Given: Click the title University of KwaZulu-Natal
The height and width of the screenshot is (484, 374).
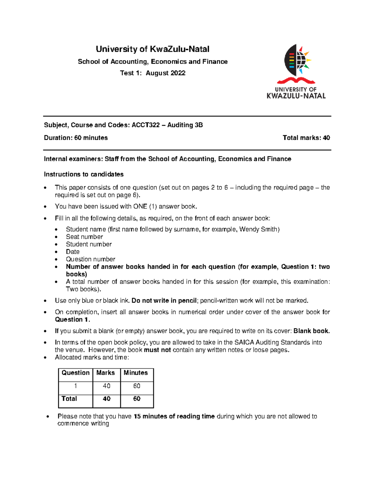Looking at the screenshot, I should tap(152, 49).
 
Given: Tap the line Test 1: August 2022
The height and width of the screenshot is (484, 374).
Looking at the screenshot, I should tap(152, 73).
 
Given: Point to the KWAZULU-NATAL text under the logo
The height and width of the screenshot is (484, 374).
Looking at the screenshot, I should tap(296, 96).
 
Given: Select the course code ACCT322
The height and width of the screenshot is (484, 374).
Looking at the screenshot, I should tap(146, 125).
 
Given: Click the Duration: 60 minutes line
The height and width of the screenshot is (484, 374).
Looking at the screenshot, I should tap(76, 138).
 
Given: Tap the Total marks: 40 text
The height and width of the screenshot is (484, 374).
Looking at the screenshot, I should tap(306, 138).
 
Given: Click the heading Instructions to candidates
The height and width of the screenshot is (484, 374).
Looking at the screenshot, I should tap(84, 174).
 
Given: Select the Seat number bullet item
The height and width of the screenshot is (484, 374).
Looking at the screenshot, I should tap(84, 237).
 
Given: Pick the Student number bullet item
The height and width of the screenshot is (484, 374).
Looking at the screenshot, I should tap(89, 244).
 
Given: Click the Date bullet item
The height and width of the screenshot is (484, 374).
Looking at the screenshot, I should tap(73, 252).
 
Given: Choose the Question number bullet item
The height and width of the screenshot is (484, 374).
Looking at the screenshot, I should tap(90, 259).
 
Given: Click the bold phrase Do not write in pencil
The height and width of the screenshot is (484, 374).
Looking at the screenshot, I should tap(164, 301).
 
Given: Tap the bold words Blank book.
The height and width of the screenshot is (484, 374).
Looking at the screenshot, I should tap(311, 331).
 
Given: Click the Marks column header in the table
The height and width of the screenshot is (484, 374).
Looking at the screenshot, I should tap(105, 373).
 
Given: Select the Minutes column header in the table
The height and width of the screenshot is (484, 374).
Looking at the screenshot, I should tap(136, 373).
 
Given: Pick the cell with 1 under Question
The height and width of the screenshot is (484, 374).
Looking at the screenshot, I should tap(75, 386).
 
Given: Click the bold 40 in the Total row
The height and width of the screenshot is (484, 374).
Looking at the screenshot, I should tap(107, 399).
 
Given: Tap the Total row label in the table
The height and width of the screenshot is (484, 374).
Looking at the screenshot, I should tap(69, 399).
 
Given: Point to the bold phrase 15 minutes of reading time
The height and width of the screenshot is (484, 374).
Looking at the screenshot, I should tap(174, 416).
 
